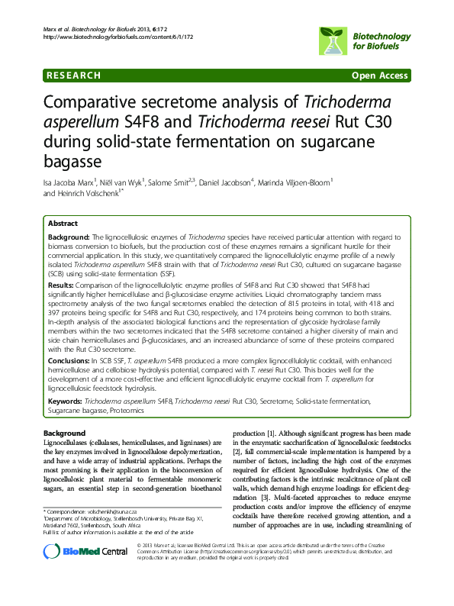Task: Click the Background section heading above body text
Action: (x=65, y=433)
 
